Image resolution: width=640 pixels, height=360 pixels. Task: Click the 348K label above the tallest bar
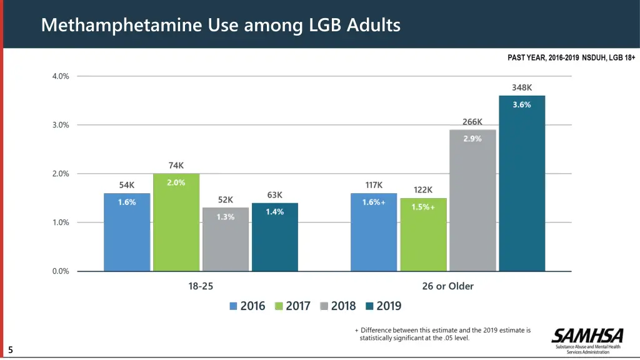click(x=522, y=88)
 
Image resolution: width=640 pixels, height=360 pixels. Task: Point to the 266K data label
click(x=472, y=122)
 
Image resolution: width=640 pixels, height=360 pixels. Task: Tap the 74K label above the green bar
click(x=176, y=166)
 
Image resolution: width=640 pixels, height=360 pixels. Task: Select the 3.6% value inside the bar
click(x=522, y=105)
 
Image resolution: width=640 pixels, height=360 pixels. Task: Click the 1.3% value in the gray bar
click(x=226, y=217)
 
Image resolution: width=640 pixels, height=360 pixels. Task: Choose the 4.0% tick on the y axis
click(x=61, y=76)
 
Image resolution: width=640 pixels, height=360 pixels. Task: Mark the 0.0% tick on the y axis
click(x=61, y=271)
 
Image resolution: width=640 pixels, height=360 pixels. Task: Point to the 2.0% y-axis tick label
click(x=61, y=174)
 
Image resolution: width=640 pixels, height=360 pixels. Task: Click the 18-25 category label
click(x=201, y=286)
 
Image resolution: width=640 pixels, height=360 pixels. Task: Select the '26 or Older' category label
click(x=447, y=286)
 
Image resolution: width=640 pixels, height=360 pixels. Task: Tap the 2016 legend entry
click(x=247, y=306)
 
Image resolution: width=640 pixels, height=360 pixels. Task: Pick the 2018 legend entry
click(x=337, y=306)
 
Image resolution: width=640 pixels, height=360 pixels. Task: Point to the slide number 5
click(x=11, y=350)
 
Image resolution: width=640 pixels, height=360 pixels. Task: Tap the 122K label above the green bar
click(x=423, y=190)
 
